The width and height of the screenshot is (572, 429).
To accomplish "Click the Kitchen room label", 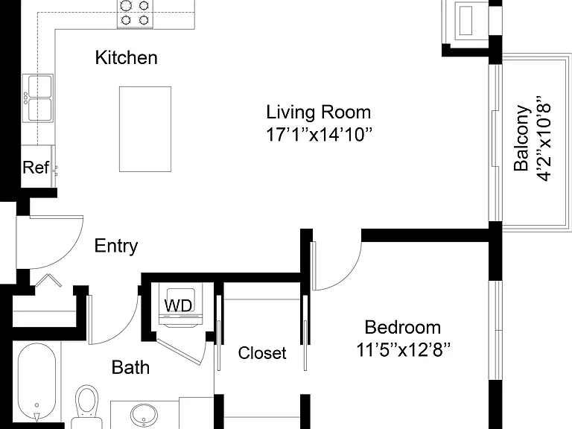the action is [126, 57].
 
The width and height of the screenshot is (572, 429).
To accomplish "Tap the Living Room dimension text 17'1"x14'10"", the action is [320, 134].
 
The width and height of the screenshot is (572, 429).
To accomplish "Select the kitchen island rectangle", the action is [145, 129].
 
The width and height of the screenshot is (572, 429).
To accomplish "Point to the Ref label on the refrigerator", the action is [36, 168].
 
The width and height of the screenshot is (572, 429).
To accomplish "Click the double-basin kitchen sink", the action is [37, 98].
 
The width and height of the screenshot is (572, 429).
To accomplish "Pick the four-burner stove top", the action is [135, 13].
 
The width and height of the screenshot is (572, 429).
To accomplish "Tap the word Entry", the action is [116, 246].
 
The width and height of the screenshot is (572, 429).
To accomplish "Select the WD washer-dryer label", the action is [178, 305].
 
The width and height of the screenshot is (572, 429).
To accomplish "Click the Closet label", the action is [262, 353].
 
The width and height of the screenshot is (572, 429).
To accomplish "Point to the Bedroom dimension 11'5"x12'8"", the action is [403, 350].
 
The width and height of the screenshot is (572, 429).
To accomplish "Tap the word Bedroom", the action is [403, 327].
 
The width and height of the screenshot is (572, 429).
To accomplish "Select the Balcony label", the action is [521, 139].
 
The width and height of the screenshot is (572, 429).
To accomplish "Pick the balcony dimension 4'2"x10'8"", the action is [543, 139].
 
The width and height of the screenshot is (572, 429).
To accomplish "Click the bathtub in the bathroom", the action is [36, 382].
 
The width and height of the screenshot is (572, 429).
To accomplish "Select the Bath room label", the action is [130, 367].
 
